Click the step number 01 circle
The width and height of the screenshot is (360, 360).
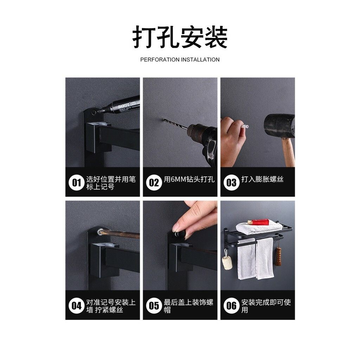(x=76, y=182)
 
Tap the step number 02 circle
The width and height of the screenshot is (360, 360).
(x=154, y=182)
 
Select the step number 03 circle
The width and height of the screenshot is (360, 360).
(x=231, y=182)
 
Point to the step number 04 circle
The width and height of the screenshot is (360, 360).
(x=76, y=306)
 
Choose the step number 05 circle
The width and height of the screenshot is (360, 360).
(x=154, y=306)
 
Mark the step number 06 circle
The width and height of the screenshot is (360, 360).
(x=231, y=306)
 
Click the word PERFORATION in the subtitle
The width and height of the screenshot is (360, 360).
(x=160, y=60)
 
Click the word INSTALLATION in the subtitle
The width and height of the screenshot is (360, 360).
(x=200, y=60)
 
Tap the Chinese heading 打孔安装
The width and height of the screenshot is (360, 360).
(x=180, y=37)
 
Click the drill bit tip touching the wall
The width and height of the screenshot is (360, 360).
(x=164, y=120)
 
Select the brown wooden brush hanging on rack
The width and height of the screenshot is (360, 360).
(x=278, y=256)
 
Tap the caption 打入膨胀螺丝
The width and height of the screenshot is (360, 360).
(x=262, y=179)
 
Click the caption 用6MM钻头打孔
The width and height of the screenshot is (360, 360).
(x=189, y=179)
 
